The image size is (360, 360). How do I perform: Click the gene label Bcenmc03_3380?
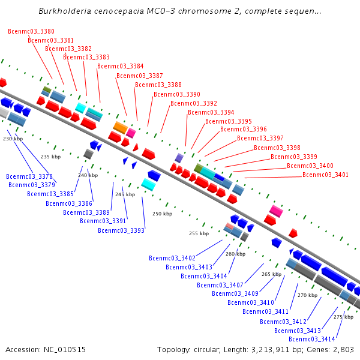pos(31,31)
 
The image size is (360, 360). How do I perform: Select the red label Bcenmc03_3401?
pos(325,175)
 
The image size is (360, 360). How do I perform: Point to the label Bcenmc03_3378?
pos(29,176)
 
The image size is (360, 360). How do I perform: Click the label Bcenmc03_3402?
pos(172,258)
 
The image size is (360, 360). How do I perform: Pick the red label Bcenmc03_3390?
pos(177,94)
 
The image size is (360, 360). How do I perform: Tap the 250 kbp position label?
pos(162,214)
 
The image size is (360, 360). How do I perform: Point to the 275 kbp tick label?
pos(344,317)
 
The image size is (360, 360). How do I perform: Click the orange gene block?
pos(120,127)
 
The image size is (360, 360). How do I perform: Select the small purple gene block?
pos(179,158)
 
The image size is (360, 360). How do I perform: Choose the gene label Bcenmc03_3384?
pos(121,67)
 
